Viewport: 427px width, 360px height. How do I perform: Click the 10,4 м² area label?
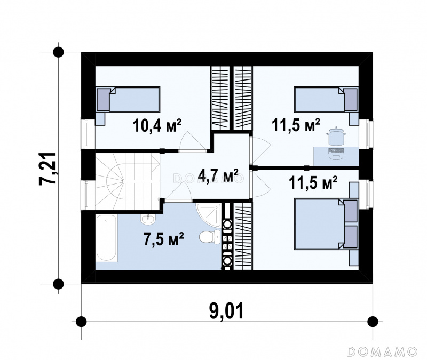click(x=157, y=125)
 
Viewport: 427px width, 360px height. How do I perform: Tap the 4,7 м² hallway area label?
click(x=218, y=175)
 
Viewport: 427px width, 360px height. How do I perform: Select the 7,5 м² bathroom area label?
click(x=163, y=239)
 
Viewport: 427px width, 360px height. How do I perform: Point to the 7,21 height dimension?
click(x=48, y=169)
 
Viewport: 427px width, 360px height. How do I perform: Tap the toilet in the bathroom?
click(x=209, y=237)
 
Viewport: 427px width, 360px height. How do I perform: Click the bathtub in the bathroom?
click(x=106, y=238)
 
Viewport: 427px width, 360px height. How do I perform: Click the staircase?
click(x=127, y=181)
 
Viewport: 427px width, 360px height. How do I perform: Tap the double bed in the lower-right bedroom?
click(x=326, y=224)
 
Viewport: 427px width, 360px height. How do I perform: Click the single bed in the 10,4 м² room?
click(x=128, y=99)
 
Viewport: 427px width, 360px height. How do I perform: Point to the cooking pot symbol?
click(x=337, y=136)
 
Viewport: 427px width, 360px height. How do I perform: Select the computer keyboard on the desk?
click(x=337, y=150)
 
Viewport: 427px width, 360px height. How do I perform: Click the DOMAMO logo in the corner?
click(x=382, y=351)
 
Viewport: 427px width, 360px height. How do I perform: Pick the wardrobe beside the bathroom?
click(x=243, y=236)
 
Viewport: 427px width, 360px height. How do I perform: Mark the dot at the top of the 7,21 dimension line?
click(x=58, y=52)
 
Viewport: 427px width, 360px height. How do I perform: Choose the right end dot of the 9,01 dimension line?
click(x=373, y=322)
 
